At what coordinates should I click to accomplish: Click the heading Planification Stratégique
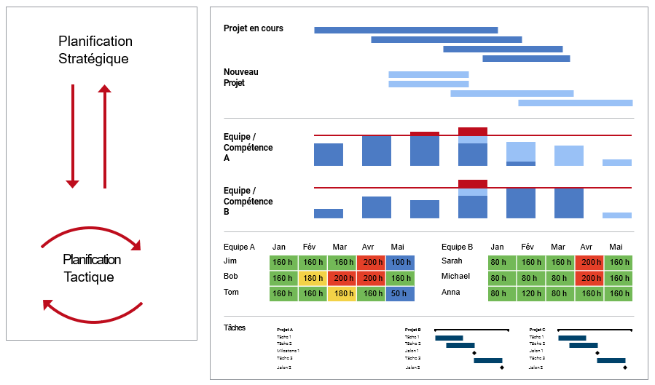[x=95, y=49]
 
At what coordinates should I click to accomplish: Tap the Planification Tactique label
[x=92, y=268]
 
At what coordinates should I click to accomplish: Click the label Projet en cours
[x=254, y=28]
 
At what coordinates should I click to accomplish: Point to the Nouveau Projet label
[x=240, y=77]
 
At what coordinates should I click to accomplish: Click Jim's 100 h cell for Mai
[x=399, y=262]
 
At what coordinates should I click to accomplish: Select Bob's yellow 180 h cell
[x=313, y=278]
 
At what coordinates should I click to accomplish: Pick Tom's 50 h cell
[x=399, y=293]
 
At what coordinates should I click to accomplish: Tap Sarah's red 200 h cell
[x=589, y=262]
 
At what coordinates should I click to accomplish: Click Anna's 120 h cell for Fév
[x=530, y=293]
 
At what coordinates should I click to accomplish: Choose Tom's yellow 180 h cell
[x=342, y=293]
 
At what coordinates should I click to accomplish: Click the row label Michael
[x=456, y=277]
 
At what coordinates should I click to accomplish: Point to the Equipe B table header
[x=458, y=247]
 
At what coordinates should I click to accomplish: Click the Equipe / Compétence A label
[x=248, y=147]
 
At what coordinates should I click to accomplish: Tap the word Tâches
[x=235, y=328]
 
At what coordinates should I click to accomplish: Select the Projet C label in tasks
[x=537, y=330]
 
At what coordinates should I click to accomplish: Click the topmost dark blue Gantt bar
[x=406, y=30]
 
